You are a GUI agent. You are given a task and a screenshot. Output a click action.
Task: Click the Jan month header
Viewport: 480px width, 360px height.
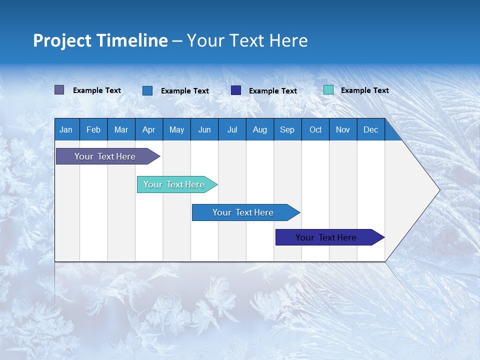66,129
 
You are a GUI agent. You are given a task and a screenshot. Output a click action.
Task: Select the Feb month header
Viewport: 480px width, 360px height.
93,129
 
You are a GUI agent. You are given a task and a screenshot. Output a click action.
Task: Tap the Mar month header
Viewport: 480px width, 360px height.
121,129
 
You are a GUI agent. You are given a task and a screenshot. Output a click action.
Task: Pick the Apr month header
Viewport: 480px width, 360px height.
149,129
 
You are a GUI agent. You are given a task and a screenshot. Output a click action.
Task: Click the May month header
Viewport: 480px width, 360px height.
176,129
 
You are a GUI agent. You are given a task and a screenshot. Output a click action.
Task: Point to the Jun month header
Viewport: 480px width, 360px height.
204,129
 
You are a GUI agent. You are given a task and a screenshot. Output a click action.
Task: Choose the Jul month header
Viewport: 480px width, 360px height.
232,129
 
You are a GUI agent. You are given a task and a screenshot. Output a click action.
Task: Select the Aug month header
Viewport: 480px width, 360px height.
260,129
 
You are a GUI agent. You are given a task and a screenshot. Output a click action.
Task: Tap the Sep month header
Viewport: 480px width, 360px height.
287,129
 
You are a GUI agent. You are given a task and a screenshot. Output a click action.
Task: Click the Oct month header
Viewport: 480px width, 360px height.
315,129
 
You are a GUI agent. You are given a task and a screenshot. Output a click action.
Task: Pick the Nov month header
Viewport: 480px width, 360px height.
343,129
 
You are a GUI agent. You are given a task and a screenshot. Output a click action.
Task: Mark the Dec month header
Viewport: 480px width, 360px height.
371,129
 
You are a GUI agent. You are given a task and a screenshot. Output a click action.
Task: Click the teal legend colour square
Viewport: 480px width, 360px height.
328,90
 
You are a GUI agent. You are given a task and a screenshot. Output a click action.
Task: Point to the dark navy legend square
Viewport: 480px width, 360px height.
236,90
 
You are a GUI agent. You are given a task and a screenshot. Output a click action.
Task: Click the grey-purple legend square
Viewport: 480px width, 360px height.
59,90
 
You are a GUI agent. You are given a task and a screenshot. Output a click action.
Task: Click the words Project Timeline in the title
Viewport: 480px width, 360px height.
100,40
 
